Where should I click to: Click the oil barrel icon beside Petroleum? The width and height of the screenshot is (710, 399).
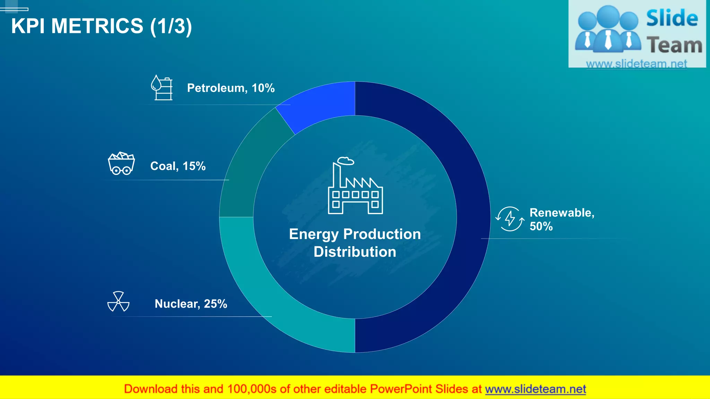[162, 88]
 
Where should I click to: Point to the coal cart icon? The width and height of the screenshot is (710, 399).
[121, 163]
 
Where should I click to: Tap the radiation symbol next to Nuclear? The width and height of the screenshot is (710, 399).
[118, 302]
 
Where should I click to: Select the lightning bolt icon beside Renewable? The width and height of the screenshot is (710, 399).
[510, 219]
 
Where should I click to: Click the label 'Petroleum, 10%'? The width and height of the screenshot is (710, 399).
[231, 88]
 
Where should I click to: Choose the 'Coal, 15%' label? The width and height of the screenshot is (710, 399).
[178, 166]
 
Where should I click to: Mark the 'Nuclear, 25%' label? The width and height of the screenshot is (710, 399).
[191, 304]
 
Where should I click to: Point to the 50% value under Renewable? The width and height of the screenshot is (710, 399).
[541, 227]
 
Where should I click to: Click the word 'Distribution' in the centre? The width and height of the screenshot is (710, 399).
[355, 252]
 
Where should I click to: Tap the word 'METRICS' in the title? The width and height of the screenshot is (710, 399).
[97, 26]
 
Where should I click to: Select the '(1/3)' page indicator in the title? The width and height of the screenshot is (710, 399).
[171, 26]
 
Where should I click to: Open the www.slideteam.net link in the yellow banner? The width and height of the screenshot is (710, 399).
[535, 389]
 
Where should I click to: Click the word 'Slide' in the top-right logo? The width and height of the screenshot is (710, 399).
[672, 18]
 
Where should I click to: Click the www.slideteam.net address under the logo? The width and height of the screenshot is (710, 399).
[637, 64]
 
